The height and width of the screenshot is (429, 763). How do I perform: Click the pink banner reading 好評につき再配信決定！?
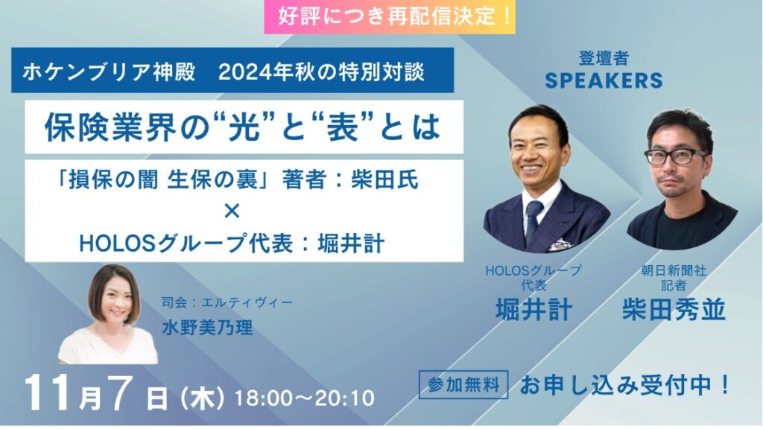pyautogui.click(x=390, y=17)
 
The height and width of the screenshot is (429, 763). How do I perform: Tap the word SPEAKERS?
pyautogui.click(x=604, y=80)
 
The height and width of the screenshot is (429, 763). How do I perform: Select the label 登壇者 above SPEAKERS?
pyautogui.click(x=604, y=58)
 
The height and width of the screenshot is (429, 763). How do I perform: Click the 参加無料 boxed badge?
pyautogui.click(x=463, y=385)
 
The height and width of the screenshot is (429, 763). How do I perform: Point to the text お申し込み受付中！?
pyautogui.click(x=625, y=385)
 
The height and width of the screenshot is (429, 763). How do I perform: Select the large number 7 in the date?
pyautogui.click(x=121, y=393)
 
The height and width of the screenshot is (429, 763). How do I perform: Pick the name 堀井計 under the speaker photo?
pyautogui.click(x=534, y=310)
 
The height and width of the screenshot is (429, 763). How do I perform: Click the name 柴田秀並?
pyautogui.click(x=674, y=310)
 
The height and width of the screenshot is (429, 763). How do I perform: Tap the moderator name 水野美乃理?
pyautogui.click(x=208, y=328)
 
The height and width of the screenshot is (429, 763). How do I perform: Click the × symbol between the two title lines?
pyautogui.click(x=232, y=212)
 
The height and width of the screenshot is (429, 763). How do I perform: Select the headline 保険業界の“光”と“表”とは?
pyautogui.click(x=243, y=127)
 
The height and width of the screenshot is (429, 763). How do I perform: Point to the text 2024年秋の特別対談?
pyautogui.click(x=321, y=72)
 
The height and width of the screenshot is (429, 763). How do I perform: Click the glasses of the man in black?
pyautogui.click(x=676, y=156)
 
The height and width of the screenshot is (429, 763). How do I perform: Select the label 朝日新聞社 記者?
pyautogui.click(x=674, y=277)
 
